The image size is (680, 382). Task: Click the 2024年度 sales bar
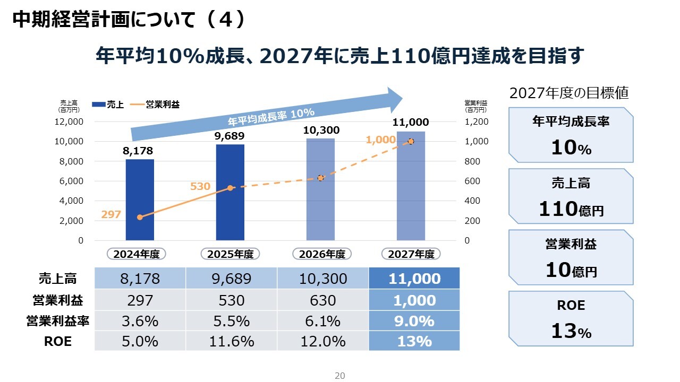[140, 199]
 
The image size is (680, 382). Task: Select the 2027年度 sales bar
[411, 186]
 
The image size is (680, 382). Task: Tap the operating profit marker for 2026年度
[320, 178]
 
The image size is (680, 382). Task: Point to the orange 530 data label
[200, 186]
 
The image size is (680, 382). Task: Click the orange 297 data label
[111, 214]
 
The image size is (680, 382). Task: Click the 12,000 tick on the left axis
[69, 121]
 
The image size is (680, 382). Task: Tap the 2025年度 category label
[230, 254]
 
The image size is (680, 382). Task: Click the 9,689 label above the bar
[229, 136]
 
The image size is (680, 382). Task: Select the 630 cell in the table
[322, 300]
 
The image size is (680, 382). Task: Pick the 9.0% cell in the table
[414, 321]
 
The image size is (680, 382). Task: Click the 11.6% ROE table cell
[231, 341]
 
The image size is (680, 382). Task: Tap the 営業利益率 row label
[55, 321]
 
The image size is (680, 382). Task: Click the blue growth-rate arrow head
[396, 99]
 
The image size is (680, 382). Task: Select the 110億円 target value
[571, 210]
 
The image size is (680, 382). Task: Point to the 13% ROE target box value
[571, 332]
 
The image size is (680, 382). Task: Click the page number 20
[340, 376]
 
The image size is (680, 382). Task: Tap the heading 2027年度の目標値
[569, 93]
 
